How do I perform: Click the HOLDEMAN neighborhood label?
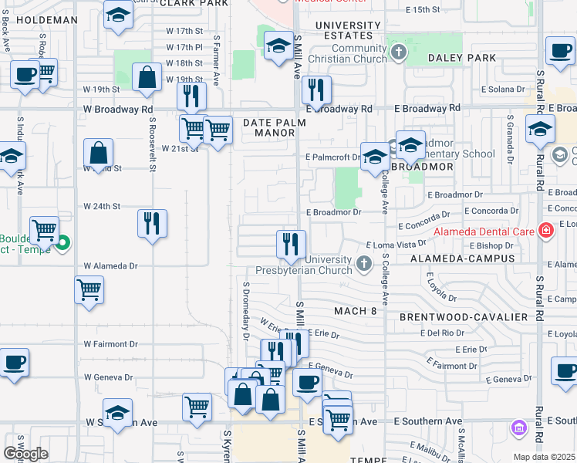click(47, 20)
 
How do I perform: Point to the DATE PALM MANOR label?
click(269, 127)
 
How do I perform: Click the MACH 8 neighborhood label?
click(355, 311)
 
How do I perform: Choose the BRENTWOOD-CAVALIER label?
click(463, 317)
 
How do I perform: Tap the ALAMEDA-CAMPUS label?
click(462, 258)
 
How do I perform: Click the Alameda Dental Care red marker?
click(546, 230)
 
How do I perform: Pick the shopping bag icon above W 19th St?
click(147, 77)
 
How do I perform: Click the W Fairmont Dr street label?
click(111, 344)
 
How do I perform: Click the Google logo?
click(25, 453)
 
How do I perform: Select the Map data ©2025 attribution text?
click(545, 457)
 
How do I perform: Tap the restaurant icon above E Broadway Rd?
click(316, 91)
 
